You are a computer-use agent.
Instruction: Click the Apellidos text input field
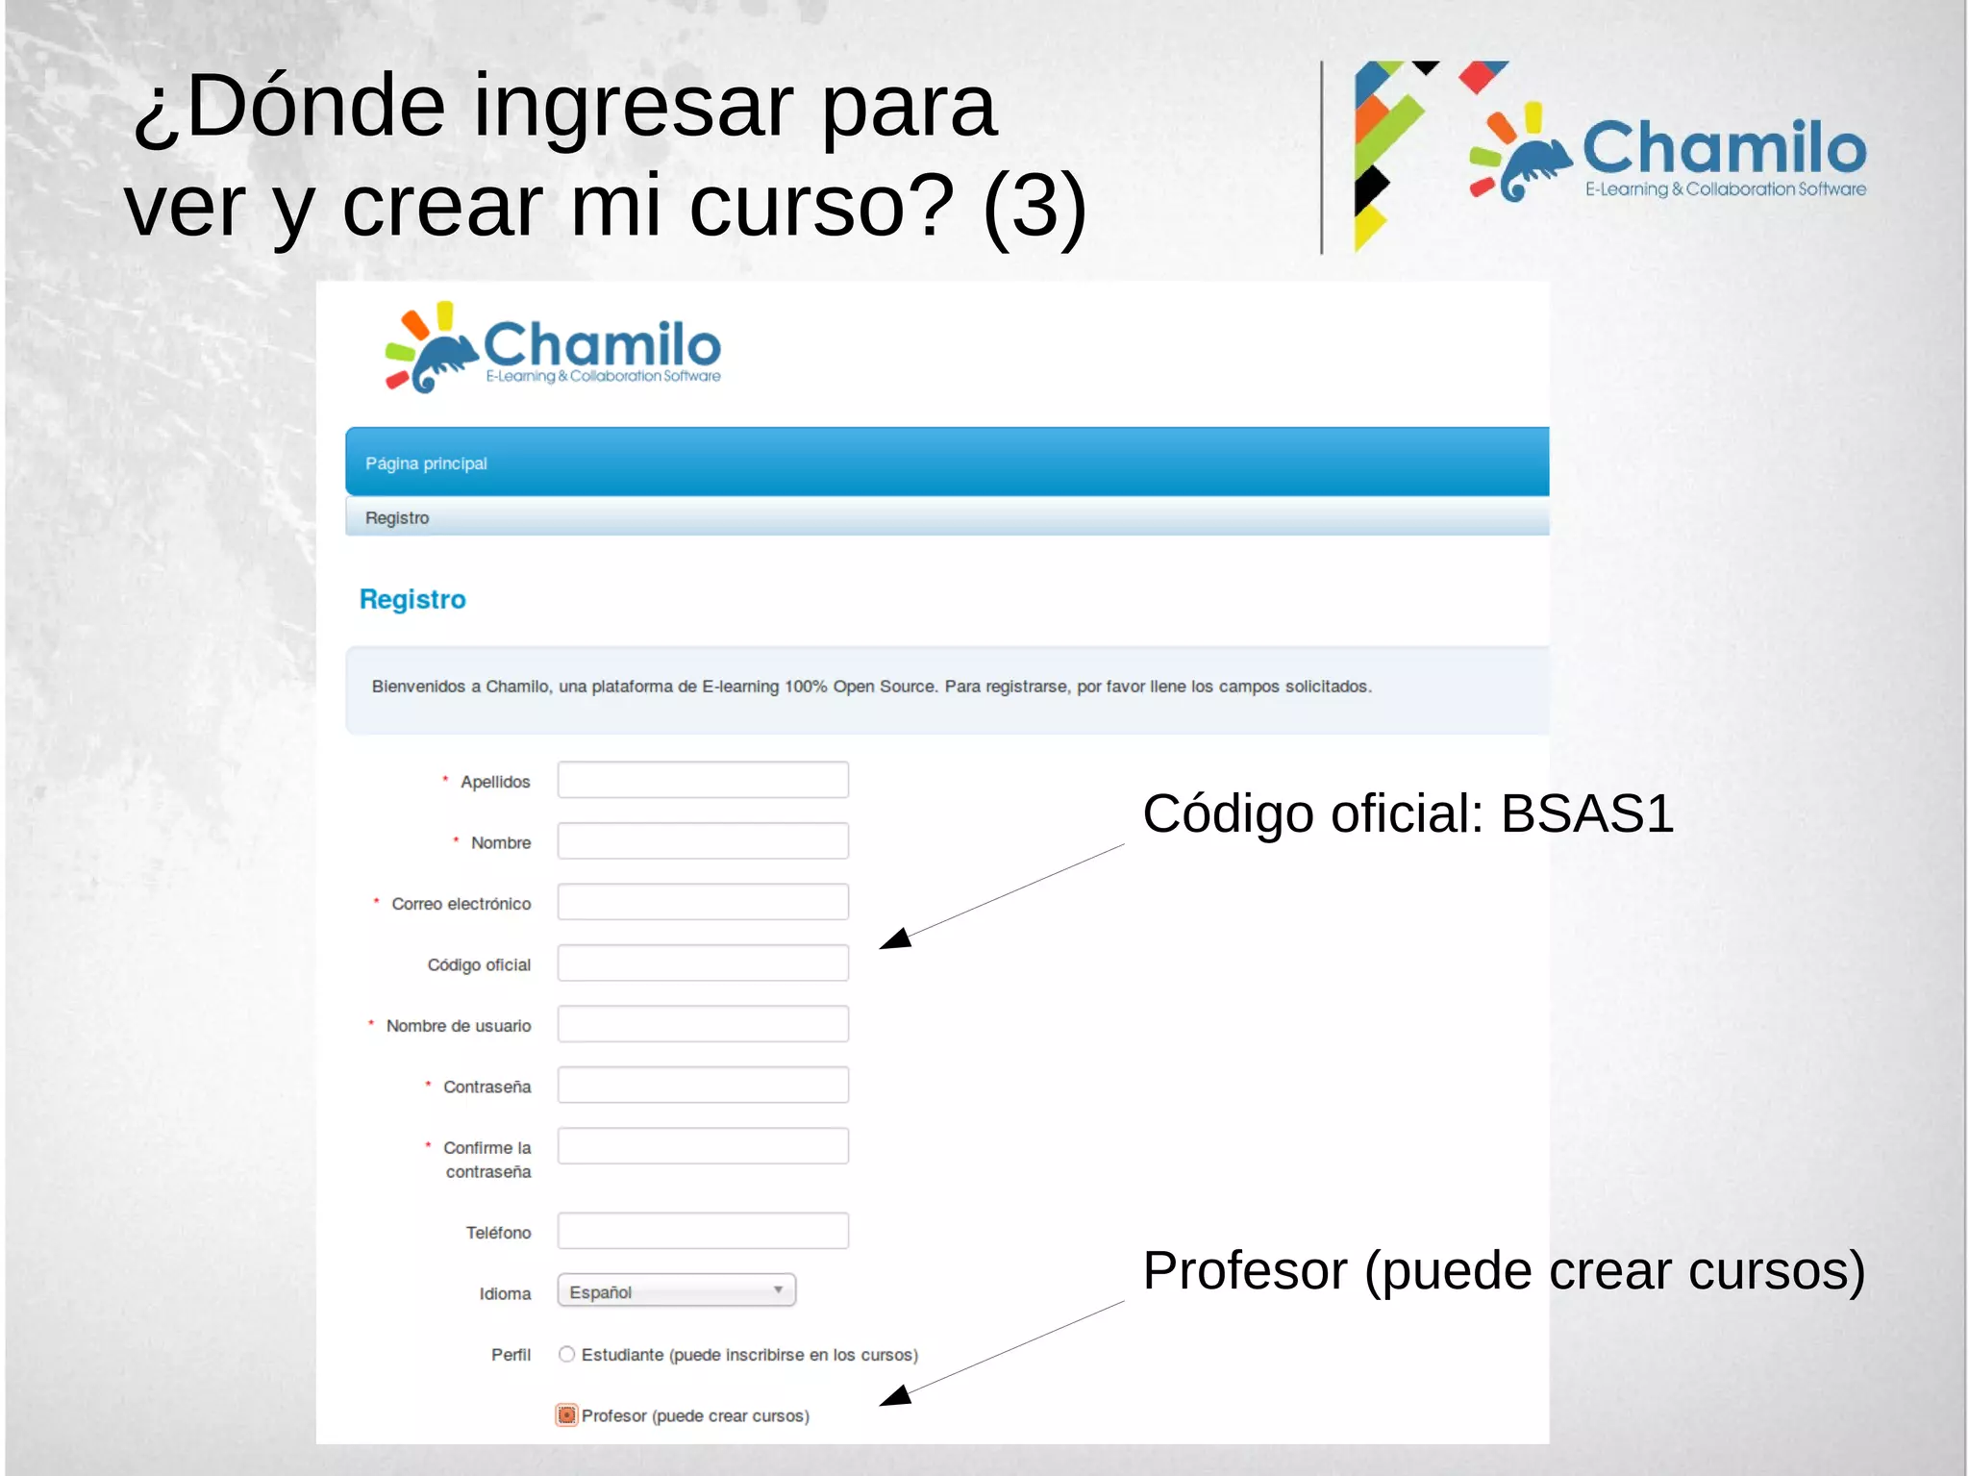coord(703,780)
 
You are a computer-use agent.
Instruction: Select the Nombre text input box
coord(703,841)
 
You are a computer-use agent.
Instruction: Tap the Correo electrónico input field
coord(703,902)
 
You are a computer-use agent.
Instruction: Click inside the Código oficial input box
coord(703,963)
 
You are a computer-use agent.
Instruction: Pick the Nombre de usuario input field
coord(703,1024)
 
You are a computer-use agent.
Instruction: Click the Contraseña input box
coord(703,1085)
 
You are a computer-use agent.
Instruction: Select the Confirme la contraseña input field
coord(703,1146)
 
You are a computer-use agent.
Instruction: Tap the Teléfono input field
coord(703,1231)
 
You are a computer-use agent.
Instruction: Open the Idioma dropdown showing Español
coord(677,1290)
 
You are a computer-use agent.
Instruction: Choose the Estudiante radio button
coord(567,1354)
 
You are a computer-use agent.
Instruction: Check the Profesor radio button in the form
coord(567,1414)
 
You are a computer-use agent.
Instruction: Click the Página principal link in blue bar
coord(426,463)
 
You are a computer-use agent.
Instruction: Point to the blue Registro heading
coord(412,599)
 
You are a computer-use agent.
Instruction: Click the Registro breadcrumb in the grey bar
coord(397,518)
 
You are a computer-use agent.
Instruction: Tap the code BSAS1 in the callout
coord(1587,813)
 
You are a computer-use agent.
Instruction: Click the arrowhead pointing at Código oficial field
coord(895,939)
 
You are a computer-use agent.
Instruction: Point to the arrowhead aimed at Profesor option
coord(895,1396)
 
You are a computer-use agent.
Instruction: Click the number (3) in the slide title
coord(1034,206)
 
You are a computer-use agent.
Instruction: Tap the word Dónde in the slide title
coord(315,106)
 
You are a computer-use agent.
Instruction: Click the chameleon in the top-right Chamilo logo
coord(1536,168)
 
